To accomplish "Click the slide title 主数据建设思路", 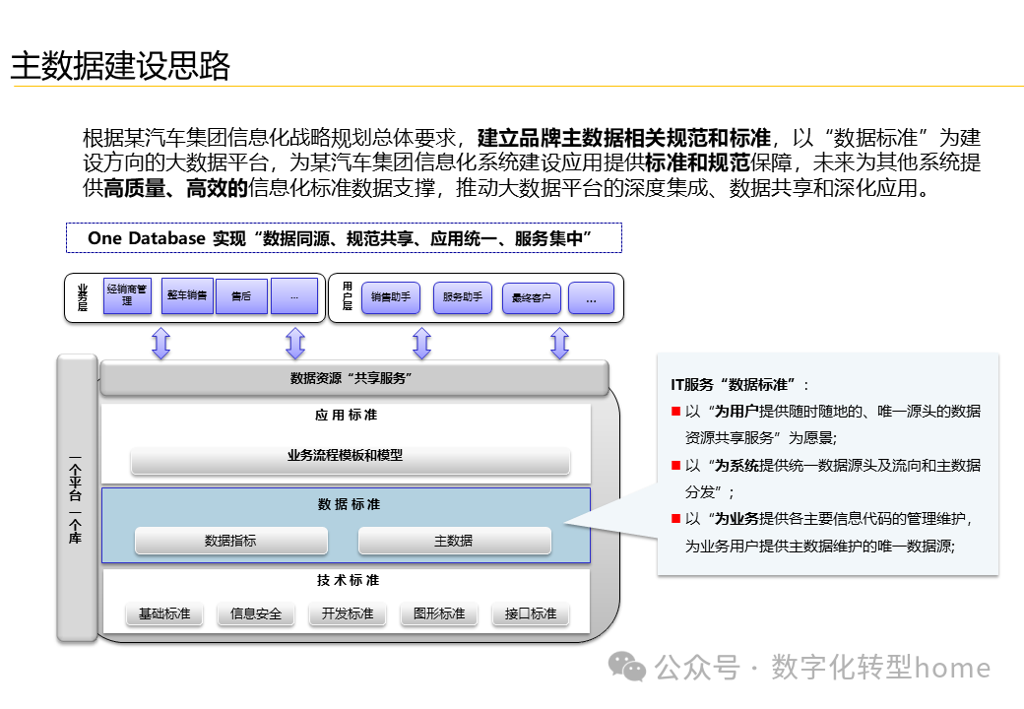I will click(120, 66).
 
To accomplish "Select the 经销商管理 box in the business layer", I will click(127, 295).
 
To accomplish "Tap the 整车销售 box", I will click(187, 295).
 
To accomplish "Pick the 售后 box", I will click(241, 295).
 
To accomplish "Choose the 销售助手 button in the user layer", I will click(391, 297).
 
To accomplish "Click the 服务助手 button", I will click(462, 297).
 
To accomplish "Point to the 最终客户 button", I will click(532, 297).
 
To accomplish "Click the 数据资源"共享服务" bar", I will click(353, 378).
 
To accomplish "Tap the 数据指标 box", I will click(231, 541).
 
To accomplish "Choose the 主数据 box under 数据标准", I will click(454, 541).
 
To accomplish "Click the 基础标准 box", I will click(164, 613).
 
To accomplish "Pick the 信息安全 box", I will click(256, 613).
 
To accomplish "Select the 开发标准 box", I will click(348, 613).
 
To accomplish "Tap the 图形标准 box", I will click(439, 613).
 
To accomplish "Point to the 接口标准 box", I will click(531, 613).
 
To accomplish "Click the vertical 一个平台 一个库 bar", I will click(76, 498).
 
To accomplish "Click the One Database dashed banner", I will click(345, 238).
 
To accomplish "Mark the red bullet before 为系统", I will click(675, 465).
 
